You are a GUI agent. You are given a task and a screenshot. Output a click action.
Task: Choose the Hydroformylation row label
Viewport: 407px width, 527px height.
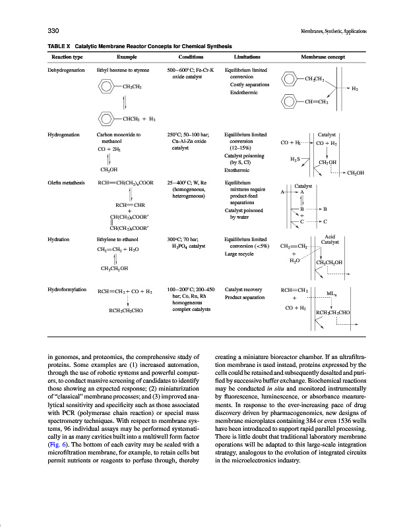click(69, 289)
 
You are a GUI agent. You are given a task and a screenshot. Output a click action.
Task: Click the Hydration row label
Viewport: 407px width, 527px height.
click(59, 239)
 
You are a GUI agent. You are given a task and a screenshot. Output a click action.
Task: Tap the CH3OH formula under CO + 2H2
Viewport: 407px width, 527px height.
click(110, 169)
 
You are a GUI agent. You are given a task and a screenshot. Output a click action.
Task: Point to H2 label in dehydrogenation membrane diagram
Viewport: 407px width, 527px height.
click(355, 88)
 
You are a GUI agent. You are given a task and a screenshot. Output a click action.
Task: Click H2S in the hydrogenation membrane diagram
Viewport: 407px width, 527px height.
click(296, 159)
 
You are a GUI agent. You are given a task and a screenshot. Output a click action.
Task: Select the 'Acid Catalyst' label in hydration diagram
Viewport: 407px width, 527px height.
click(330, 240)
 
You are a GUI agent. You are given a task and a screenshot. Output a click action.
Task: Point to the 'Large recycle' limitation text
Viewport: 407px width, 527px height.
click(241, 253)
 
